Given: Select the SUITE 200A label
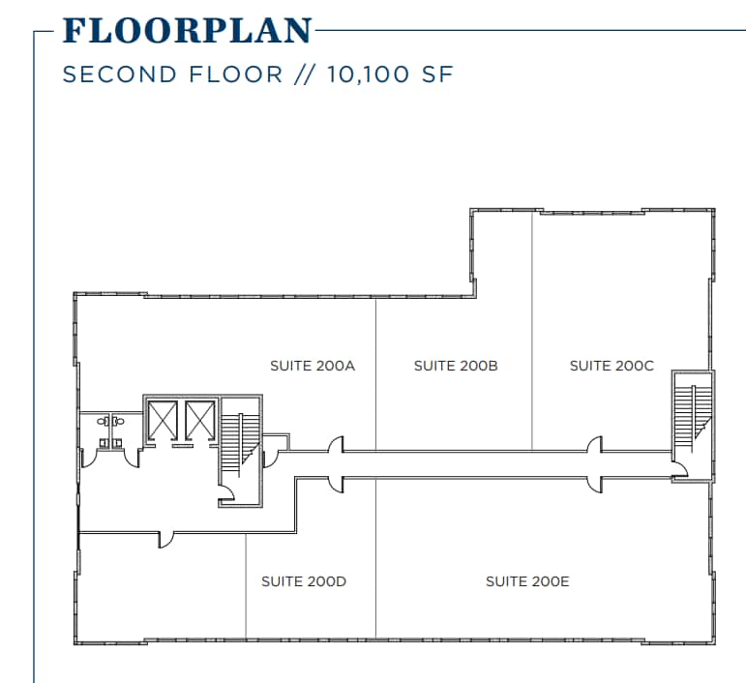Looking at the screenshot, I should pyautogui.click(x=313, y=366).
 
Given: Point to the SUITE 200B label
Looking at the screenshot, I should pyautogui.click(x=456, y=366).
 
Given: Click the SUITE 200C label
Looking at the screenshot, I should pyautogui.click(x=612, y=366).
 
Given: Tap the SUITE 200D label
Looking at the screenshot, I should pyautogui.click(x=304, y=581).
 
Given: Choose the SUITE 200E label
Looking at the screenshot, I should pyautogui.click(x=527, y=581).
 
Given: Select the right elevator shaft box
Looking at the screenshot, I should pyautogui.click(x=199, y=420).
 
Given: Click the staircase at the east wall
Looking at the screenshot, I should pyautogui.click(x=693, y=416).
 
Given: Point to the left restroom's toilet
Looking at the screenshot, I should pyautogui.click(x=102, y=422).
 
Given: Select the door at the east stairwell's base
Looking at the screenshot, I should pyautogui.click(x=680, y=470).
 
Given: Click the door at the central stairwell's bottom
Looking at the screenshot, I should pyautogui.click(x=226, y=494).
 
